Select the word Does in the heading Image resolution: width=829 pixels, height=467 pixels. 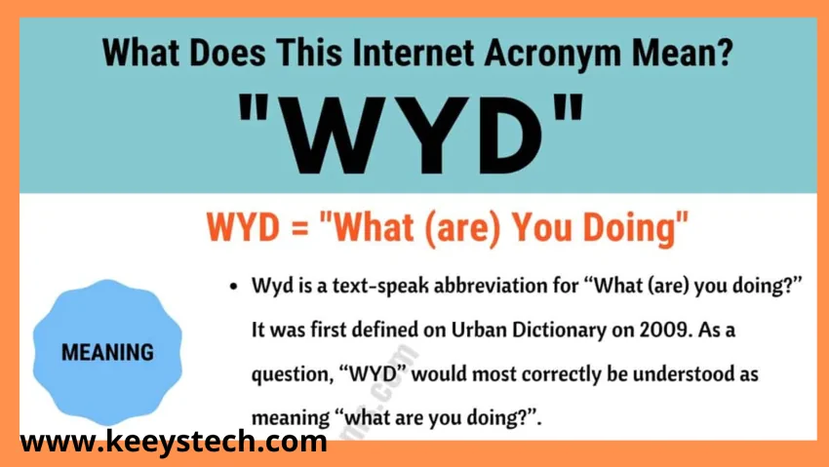227,53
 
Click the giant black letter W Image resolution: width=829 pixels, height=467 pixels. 340,136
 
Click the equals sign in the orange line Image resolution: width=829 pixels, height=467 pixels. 299,228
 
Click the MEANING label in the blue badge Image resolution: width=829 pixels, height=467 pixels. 108,352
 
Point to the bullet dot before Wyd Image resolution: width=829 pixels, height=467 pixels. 234,287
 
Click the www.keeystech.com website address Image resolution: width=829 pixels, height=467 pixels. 174,442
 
